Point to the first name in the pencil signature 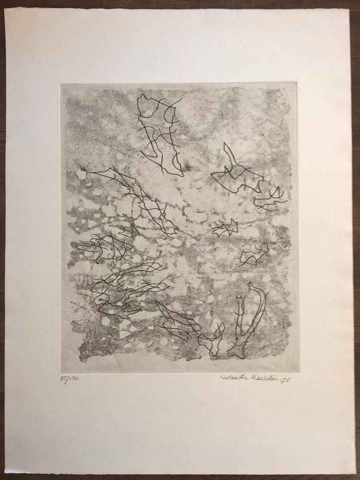click(232, 378)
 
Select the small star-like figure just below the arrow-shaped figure click(225, 228)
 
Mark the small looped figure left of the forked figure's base click(212, 340)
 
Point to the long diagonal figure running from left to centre click(136, 199)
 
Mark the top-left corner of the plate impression click(61, 83)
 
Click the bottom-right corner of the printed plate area click(299, 371)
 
